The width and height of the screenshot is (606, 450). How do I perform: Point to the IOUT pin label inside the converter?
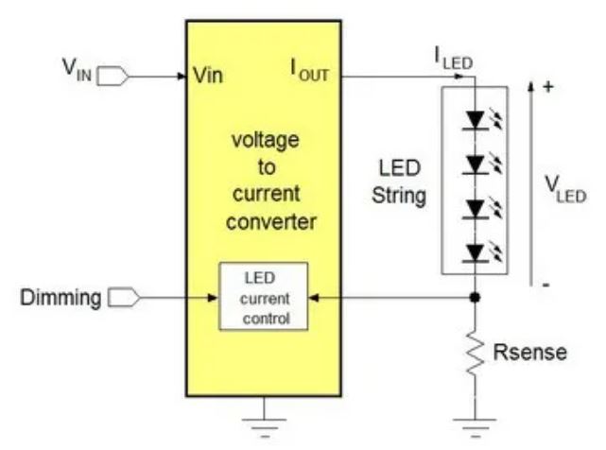coord(311,72)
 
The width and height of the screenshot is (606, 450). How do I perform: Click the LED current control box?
coord(265,295)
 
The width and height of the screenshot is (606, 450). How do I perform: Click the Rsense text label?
coord(531,353)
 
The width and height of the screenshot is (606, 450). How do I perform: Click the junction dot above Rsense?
coord(475,298)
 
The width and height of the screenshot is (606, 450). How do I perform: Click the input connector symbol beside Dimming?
coord(125,299)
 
